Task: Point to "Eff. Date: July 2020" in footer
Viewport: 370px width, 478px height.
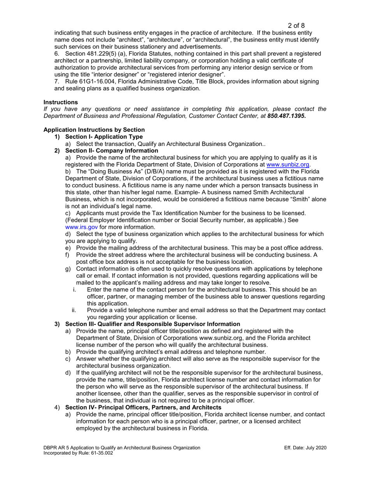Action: click(305, 448)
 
